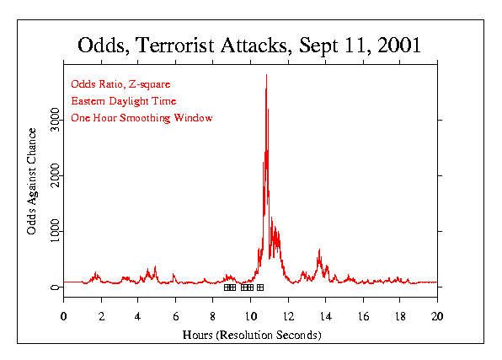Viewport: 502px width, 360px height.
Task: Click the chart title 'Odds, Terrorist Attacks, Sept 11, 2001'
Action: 249,45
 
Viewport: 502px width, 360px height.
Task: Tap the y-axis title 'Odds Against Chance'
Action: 32,180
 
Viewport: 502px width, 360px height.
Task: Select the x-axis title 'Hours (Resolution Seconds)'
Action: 251,335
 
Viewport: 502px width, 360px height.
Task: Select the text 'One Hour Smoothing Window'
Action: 142,118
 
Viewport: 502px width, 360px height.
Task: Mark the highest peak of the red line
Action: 266,75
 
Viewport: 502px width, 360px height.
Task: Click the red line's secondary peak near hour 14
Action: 319,250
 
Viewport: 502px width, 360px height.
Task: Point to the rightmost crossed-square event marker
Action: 260,287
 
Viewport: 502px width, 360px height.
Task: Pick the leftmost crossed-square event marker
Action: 227,287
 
